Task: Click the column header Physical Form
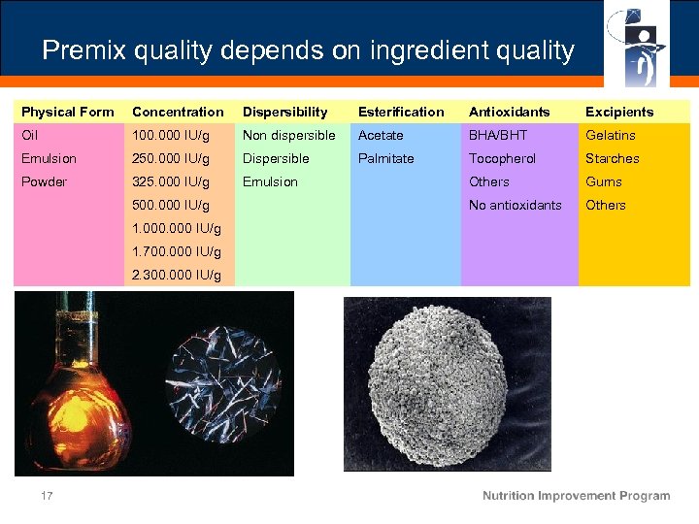(67, 112)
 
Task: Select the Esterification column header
(401, 112)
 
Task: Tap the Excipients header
(618, 112)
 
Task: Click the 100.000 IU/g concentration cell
(171, 135)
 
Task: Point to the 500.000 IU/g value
(171, 205)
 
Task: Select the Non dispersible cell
(288, 135)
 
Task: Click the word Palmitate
(385, 158)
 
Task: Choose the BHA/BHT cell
(498, 135)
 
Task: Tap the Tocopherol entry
(502, 158)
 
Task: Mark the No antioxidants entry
(515, 205)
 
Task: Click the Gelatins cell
(610, 135)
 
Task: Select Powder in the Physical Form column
(44, 181)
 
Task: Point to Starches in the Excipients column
(612, 158)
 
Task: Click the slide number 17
(46, 496)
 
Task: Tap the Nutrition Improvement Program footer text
(576, 496)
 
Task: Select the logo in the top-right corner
(636, 45)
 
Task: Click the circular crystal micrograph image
(224, 382)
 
